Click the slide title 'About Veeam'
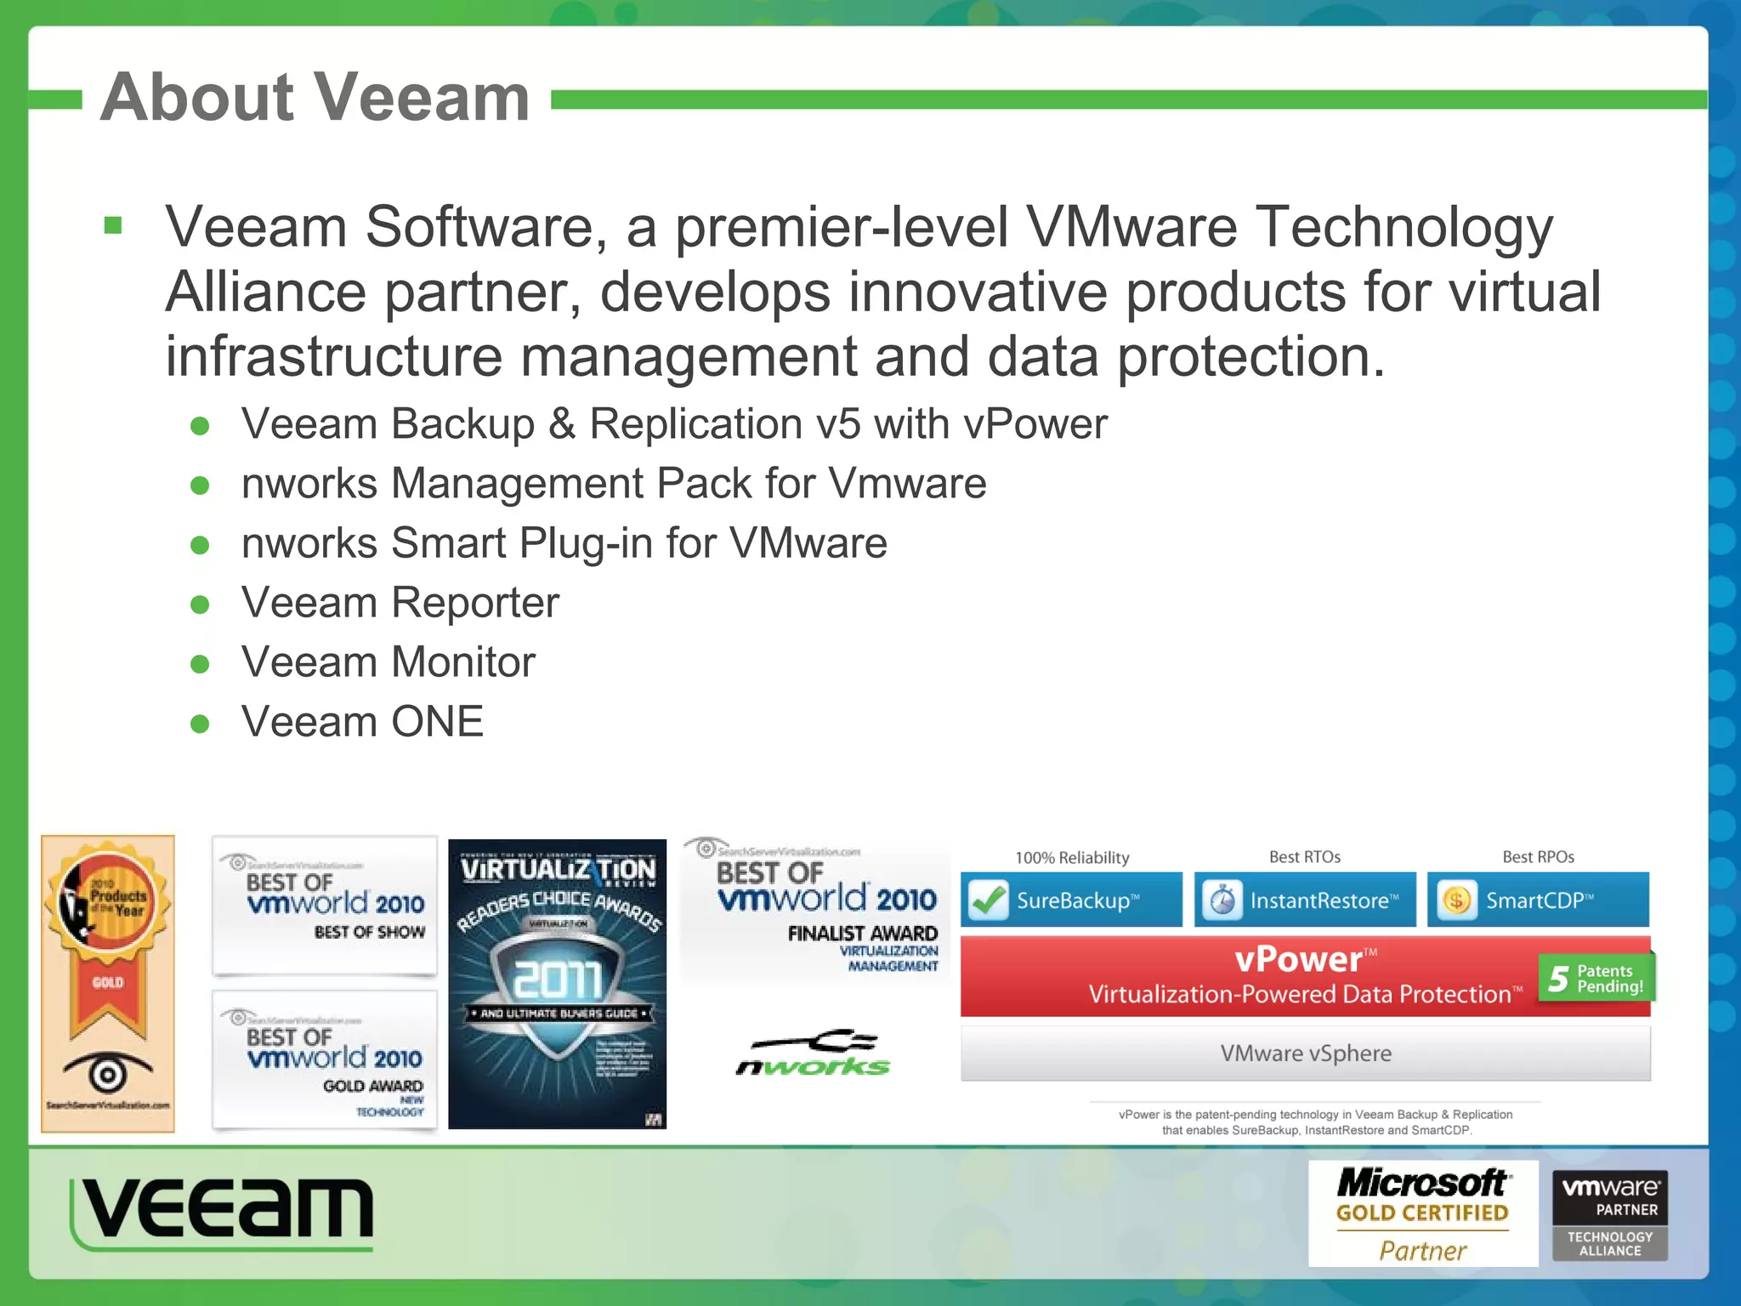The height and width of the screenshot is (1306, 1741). (315, 98)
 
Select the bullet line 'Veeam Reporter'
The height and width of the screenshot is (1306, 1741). (400, 603)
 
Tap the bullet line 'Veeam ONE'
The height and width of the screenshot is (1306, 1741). (362, 722)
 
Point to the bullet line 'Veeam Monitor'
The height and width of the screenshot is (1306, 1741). (388, 662)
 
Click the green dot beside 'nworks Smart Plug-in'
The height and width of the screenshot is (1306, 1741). (201, 545)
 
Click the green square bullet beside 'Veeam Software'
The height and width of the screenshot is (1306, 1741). (113, 226)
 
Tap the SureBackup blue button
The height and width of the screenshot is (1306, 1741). (1071, 900)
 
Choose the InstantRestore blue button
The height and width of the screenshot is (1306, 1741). (1305, 900)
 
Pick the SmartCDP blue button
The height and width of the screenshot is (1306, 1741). (1538, 900)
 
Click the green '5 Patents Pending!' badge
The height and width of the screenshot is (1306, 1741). (1596, 979)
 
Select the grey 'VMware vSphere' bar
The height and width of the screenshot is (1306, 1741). (1306, 1053)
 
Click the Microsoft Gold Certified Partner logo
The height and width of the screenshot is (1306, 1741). (1423, 1214)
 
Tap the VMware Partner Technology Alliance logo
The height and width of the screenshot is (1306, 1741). (1610, 1215)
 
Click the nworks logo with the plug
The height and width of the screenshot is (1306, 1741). (814, 1054)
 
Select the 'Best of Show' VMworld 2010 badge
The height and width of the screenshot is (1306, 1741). (325, 906)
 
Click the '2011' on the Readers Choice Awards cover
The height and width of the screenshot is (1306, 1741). (558, 979)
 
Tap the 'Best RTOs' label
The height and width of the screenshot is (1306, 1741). (1305, 857)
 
